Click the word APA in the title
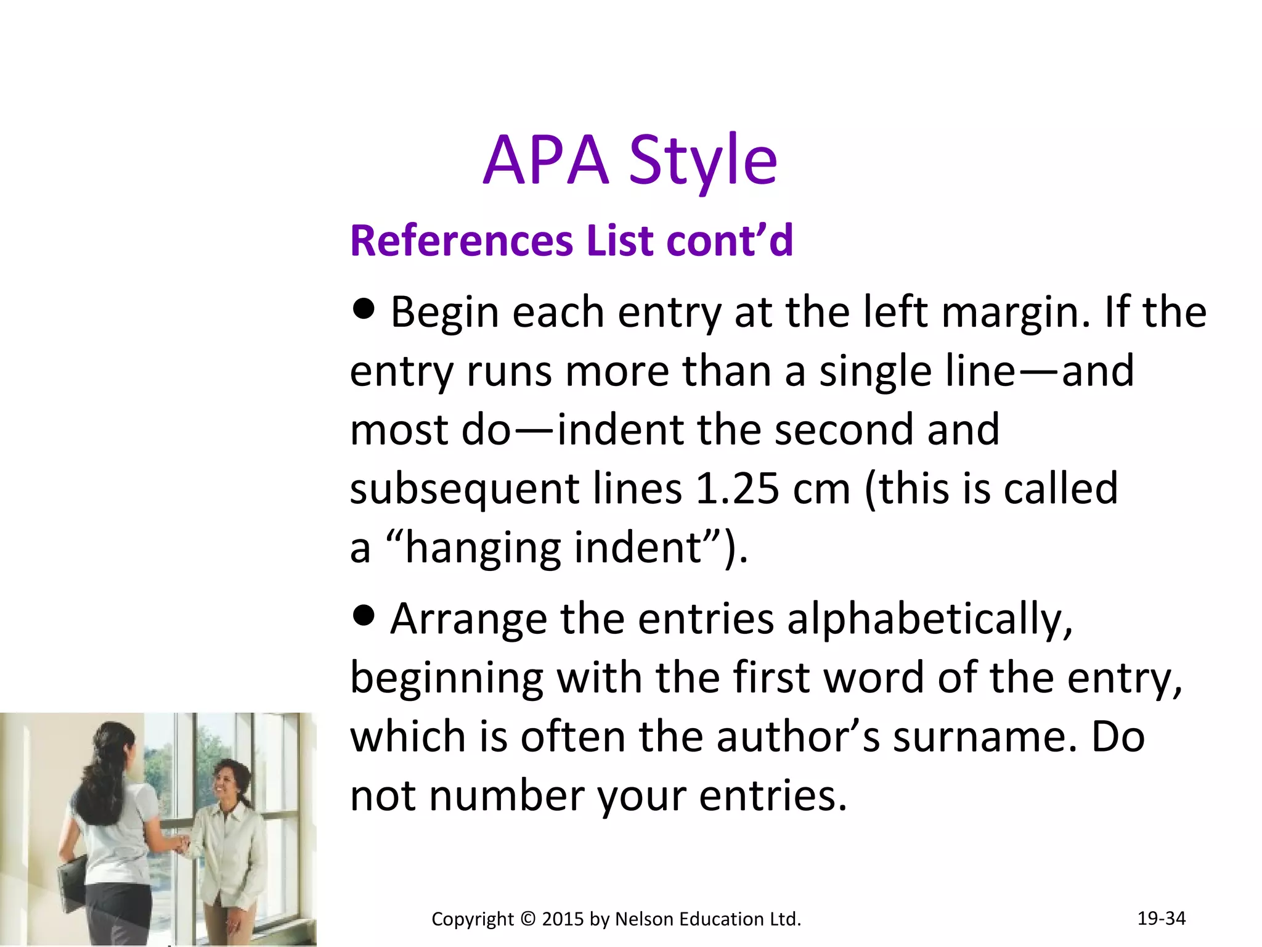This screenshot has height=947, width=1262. coord(546,161)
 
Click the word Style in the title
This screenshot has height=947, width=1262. coord(703,161)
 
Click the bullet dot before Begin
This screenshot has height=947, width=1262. coord(364,308)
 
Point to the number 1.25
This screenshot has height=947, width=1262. coord(737,488)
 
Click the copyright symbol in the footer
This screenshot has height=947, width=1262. coord(528,919)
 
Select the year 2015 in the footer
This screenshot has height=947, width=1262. coord(563,919)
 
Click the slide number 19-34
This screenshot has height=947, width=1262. coord(1161,918)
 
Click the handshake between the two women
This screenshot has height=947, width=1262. coord(180,843)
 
